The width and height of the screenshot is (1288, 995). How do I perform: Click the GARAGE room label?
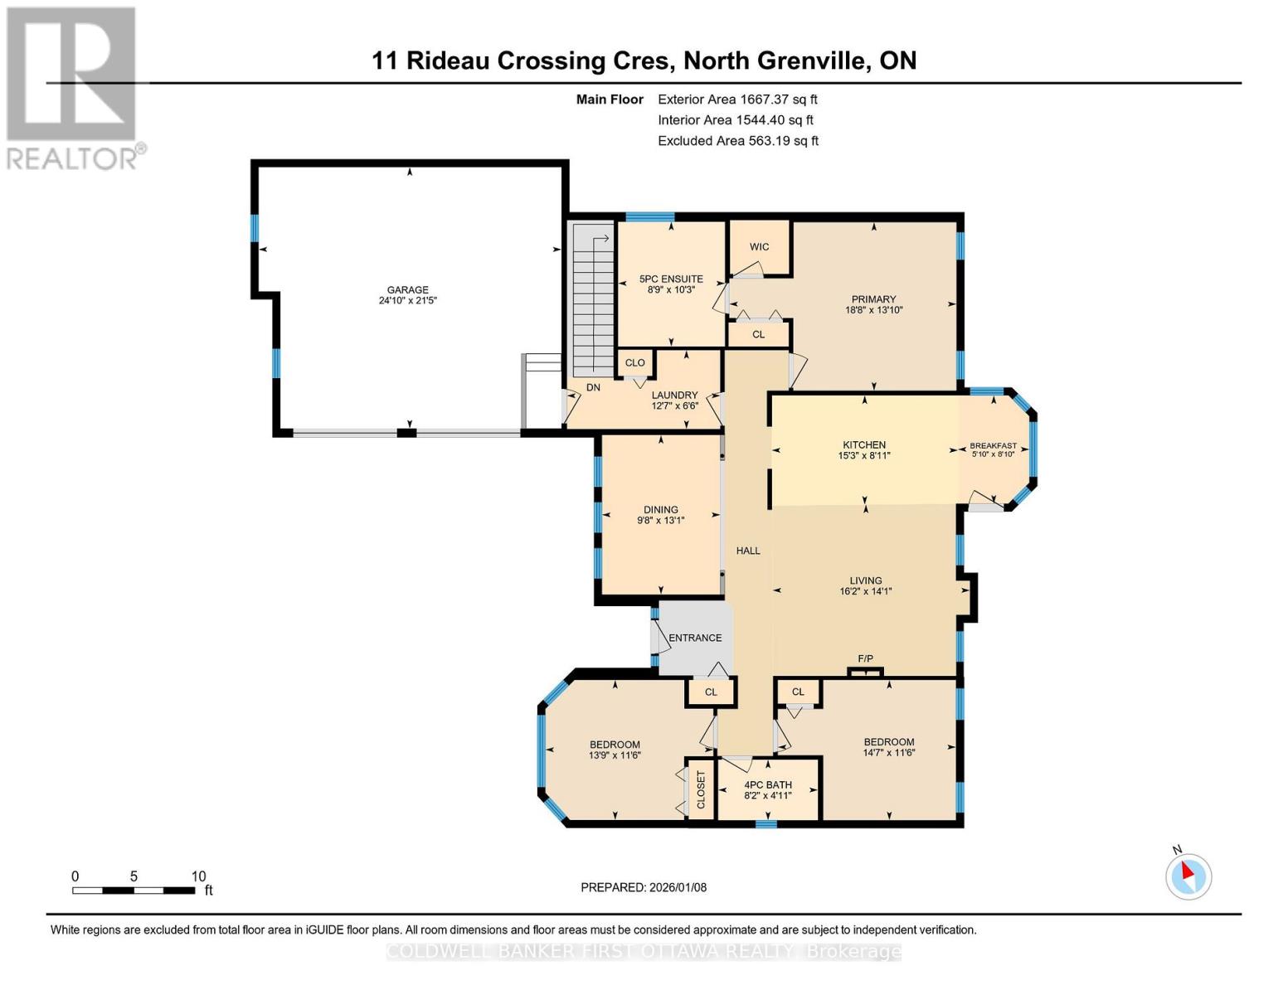click(407, 289)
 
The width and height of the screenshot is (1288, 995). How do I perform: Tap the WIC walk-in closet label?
click(759, 246)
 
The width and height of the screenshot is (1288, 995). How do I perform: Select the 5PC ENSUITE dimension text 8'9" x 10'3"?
click(671, 290)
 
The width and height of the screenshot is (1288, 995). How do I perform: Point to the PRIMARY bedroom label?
click(873, 299)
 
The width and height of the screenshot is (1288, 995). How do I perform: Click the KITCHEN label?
click(864, 444)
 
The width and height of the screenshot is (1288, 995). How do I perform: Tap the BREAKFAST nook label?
click(993, 446)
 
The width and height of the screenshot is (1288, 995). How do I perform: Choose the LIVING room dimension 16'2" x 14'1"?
click(865, 592)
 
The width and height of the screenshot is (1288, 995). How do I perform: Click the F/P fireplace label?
click(865, 658)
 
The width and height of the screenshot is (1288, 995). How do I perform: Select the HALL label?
click(748, 551)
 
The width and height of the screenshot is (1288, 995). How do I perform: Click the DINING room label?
click(660, 510)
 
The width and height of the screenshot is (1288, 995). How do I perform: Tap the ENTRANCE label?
click(695, 638)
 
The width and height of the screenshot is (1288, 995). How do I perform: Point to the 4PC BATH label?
click(767, 784)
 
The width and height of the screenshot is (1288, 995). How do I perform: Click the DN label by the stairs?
click(593, 387)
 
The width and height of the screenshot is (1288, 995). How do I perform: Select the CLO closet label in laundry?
click(634, 362)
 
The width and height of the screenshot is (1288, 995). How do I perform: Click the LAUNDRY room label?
click(674, 396)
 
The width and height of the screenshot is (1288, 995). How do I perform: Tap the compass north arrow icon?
click(1188, 875)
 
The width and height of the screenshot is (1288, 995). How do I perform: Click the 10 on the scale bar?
click(198, 876)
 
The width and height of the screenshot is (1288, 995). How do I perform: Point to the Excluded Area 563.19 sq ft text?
click(737, 141)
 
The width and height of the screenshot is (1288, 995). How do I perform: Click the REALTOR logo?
click(73, 88)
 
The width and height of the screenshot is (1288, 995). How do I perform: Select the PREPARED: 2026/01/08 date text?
click(643, 887)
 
